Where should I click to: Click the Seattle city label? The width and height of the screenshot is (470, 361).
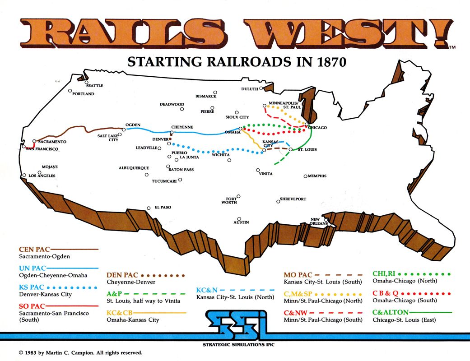tap(95, 85)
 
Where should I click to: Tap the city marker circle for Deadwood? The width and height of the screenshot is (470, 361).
tap(182, 109)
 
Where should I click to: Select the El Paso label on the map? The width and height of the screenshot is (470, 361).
tap(163, 208)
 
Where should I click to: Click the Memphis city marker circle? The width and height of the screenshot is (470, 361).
tap(306, 176)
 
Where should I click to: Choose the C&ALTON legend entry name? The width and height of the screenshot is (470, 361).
tap(391, 312)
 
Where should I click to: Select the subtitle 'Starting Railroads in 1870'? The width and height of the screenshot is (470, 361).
tap(237, 62)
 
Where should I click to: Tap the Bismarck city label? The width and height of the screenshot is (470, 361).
tap(206, 96)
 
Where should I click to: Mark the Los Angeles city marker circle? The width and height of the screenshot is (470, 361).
tap(24, 176)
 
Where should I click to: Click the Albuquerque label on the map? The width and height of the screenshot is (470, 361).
tap(134, 168)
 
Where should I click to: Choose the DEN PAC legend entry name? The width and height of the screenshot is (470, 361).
tap(122, 275)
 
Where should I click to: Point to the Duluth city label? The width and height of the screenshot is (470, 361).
tap(249, 89)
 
